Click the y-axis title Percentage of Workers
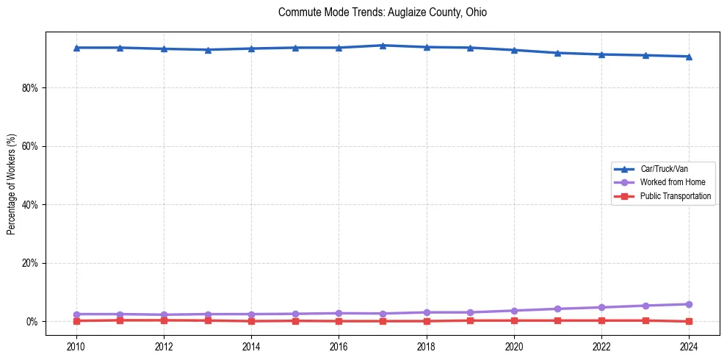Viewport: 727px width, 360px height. (x=12, y=184)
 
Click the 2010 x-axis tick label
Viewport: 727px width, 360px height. (x=76, y=345)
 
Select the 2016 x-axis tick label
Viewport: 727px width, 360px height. (x=339, y=345)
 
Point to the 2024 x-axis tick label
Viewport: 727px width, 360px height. (x=689, y=345)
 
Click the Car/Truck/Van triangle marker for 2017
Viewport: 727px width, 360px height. (x=383, y=46)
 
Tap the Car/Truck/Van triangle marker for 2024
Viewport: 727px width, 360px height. (x=689, y=57)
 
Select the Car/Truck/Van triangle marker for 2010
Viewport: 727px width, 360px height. (x=76, y=48)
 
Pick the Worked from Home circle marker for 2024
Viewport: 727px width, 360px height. (x=689, y=304)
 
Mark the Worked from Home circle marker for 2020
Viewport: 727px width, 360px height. (x=514, y=311)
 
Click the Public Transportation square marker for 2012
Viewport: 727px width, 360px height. (x=164, y=320)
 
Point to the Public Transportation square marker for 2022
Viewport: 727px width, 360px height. (x=601, y=320)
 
